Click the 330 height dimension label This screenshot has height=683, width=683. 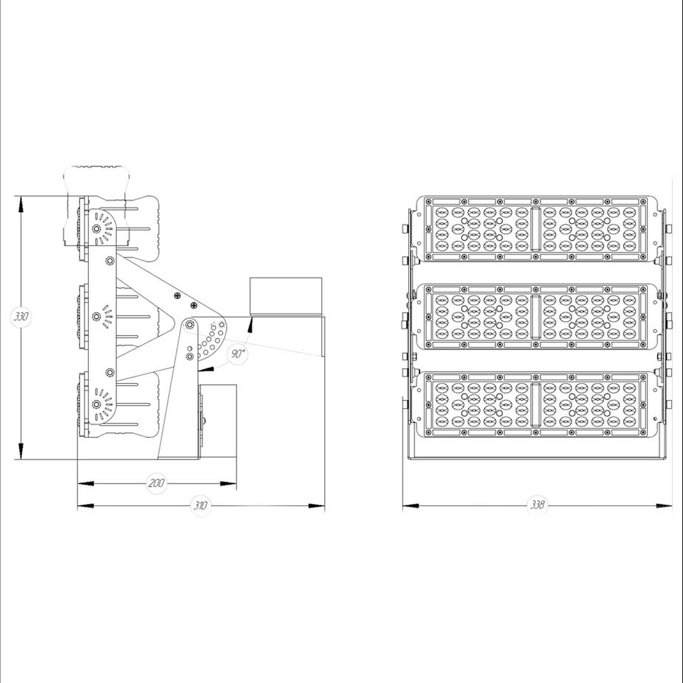21,317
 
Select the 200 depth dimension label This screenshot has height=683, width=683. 156,483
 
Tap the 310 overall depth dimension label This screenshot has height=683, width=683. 200,505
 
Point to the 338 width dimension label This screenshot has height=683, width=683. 537,504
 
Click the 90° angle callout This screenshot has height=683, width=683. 238,353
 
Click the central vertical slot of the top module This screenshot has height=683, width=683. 536,229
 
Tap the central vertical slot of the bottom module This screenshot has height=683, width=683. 536,405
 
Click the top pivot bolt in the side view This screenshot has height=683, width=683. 96,229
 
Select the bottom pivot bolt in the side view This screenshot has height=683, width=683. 96,404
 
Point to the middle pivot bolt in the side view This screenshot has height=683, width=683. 96,317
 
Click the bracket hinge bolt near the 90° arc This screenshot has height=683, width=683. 190,324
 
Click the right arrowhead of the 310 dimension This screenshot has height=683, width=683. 317,506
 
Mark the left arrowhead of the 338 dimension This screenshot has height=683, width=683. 411,506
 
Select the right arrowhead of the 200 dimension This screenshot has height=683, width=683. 228,483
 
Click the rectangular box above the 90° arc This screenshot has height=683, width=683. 286,296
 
